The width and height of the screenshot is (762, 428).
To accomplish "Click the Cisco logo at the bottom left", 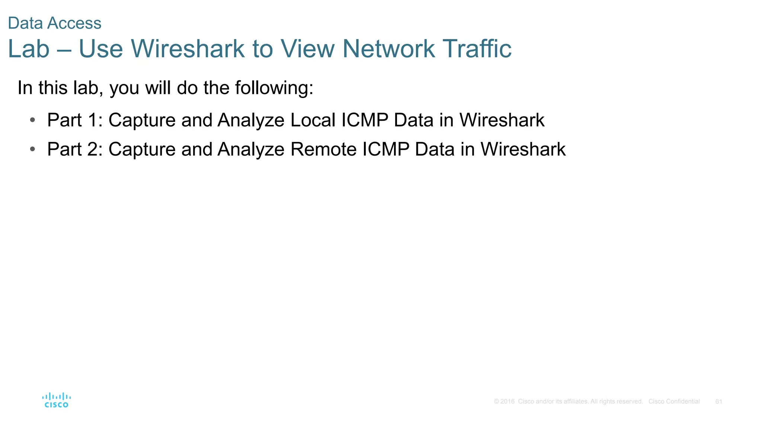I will click(x=57, y=400).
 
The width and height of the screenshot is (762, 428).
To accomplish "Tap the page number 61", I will click(x=719, y=402).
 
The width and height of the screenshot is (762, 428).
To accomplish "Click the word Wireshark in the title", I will click(x=188, y=49).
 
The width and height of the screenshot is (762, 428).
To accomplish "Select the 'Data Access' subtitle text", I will click(x=55, y=23).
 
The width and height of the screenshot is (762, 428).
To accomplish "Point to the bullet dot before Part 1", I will click(x=33, y=120).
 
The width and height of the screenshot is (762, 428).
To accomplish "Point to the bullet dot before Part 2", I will click(x=33, y=149).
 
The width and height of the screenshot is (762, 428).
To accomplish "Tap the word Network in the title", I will click(x=388, y=49).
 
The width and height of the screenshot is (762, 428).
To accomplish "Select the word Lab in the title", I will click(x=29, y=49).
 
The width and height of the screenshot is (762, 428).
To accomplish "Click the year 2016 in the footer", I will click(x=508, y=402).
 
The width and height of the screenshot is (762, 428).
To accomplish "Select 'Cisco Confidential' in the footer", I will click(x=674, y=402).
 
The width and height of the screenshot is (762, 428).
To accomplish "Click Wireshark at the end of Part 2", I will click(x=523, y=149).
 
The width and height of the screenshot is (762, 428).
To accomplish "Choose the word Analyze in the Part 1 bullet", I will click(x=251, y=120).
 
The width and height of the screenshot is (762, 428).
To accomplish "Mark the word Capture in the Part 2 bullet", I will click(x=142, y=149).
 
